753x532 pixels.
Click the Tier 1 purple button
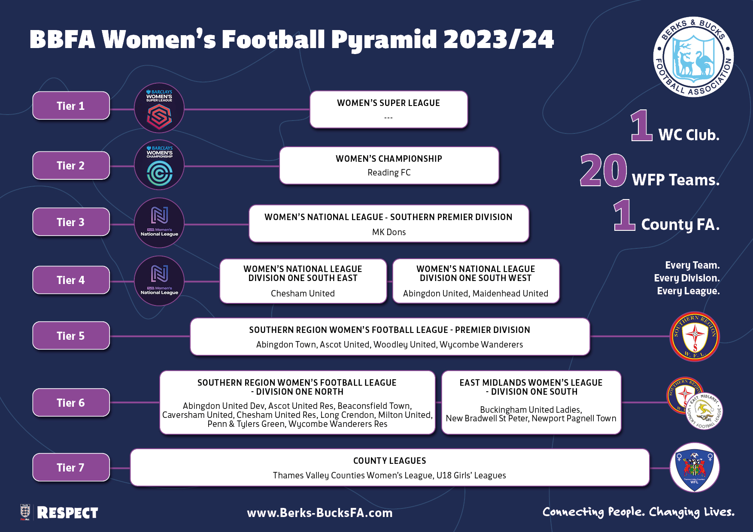[x=71, y=106]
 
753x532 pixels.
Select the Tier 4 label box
[x=71, y=280]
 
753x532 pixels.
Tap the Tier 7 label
[x=71, y=467]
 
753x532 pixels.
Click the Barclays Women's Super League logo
[x=159, y=108]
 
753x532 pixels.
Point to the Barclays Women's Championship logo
[x=159, y=165]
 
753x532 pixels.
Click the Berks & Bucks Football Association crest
[x=693, y=57]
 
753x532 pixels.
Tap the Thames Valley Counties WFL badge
[x=695, y=467]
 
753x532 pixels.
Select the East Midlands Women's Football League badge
[x=704, y=411]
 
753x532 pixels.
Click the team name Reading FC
[x=389, y=172]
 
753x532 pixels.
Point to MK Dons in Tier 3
[x=389, y=232]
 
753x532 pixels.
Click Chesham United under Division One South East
[x=303, y=293]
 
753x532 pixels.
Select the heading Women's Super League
[x=389, y=103]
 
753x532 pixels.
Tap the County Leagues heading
[x=390, y=461]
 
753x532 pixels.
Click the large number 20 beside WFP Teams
[x=603, y=170]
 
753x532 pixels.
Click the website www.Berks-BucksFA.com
[x=320, y=513]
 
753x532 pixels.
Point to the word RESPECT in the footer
[x=67, y=513]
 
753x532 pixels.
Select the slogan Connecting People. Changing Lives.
[x=638, y=512]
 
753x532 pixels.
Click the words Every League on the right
[x=688, y=291]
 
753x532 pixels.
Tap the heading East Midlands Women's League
[x=531, y=383]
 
